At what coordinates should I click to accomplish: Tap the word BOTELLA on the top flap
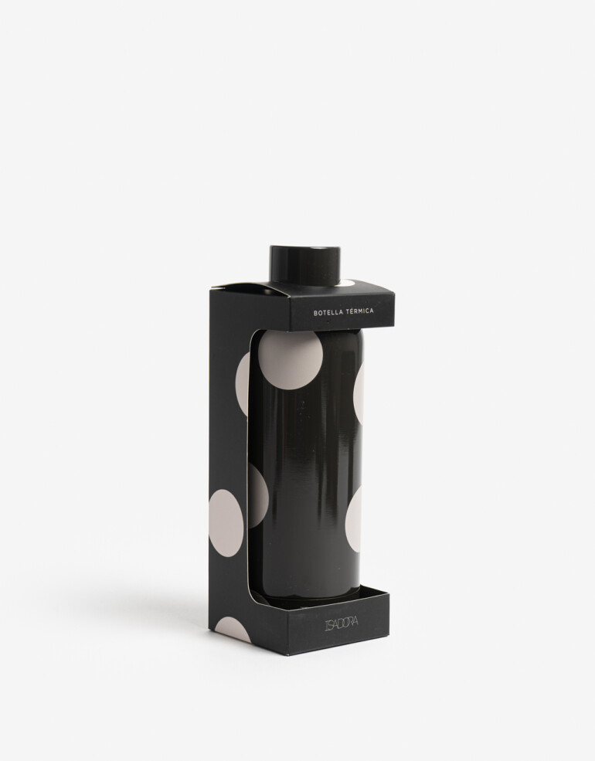(x=329, y=313)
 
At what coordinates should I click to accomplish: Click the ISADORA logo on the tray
(x=342, y=623)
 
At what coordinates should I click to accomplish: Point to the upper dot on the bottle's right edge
(x=359, y=392)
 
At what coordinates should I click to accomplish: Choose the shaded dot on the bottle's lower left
(x=257, y=496)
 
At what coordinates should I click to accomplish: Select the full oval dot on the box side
(x=226, y=523)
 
